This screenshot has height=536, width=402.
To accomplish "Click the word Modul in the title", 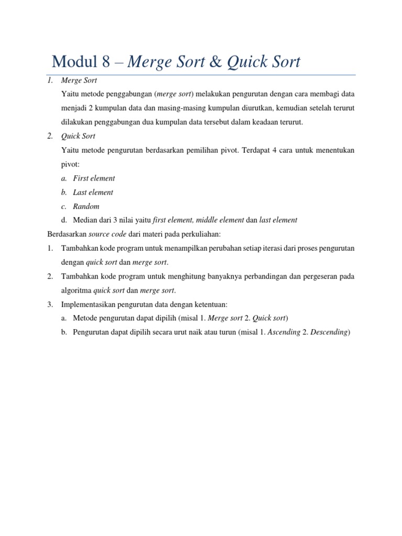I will point(74,62).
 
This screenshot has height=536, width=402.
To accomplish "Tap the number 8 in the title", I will point(106,62).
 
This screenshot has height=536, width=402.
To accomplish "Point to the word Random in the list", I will point(86,206).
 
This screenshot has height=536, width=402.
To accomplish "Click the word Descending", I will point(329,332).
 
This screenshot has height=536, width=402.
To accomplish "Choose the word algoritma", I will point(76,290).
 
